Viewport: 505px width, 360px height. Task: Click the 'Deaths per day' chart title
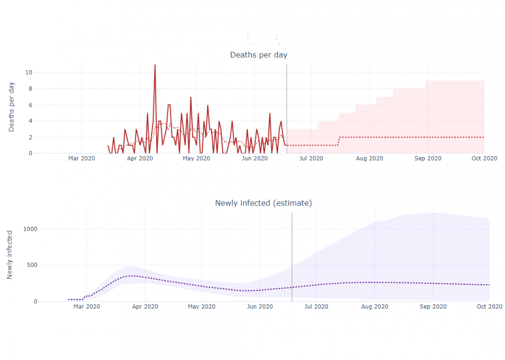[258, 55]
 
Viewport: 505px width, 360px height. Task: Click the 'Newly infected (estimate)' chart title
[263, 203]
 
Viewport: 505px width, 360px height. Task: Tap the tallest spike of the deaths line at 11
[155, 65]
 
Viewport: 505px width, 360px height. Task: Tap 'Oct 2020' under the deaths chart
[484, 159]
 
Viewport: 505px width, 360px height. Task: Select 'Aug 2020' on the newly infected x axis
[375, 307]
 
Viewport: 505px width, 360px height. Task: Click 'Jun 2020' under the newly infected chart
[260, 307]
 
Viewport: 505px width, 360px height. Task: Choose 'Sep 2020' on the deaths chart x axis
[427, 159]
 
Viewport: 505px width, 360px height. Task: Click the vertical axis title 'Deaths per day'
[11, 107]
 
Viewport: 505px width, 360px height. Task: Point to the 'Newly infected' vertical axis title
[10, 255]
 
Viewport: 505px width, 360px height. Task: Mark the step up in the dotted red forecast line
[339, 141]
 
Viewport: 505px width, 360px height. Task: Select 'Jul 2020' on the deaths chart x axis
[311, 159]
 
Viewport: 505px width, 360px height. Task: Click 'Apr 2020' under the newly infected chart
[145, 307]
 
